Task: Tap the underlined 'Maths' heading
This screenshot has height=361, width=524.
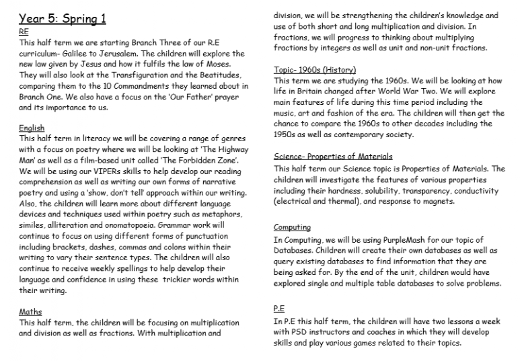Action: point(30,312)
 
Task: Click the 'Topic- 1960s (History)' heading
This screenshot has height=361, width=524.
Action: point(315,70)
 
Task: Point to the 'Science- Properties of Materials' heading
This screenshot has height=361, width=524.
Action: point(333,157)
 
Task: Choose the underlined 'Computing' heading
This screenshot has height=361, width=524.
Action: point(292,228)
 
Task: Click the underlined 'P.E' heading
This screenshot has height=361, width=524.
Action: point(280,309)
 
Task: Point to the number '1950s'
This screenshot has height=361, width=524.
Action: point(287,134)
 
